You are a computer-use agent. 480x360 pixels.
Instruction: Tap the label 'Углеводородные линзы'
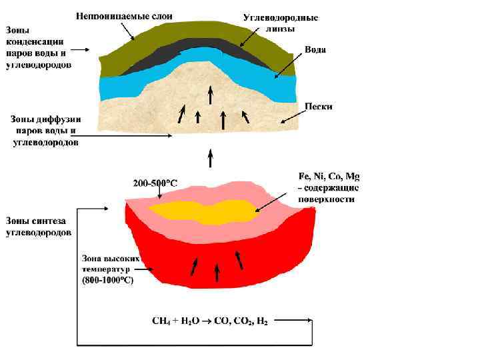click(x=280, y=23)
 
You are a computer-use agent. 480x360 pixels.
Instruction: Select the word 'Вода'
click(x=315, y=51)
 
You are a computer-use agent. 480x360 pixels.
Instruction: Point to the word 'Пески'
click(x=318, y=106)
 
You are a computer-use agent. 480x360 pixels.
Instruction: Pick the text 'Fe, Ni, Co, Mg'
click(x=328, y=177)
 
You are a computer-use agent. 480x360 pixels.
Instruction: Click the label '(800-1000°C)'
click(x=108, y=281)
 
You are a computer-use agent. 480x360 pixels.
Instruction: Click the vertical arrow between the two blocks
click(x=211, y=159)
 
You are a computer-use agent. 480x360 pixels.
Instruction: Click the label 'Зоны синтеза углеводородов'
click(x=40, y=227)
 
